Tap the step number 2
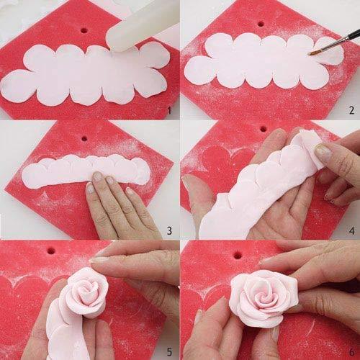point(351,110)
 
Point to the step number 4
point(351,230)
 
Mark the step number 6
point(351,351)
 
